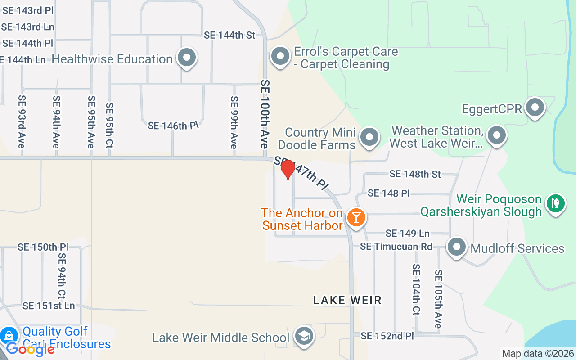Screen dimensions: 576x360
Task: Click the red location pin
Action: [288, 169]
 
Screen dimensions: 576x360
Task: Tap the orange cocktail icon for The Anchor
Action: [356, 218]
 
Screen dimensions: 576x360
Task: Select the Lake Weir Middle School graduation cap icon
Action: [304, 336]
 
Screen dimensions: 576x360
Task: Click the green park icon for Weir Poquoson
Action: [555, 203]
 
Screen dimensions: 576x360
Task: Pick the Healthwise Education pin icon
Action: [186, 58]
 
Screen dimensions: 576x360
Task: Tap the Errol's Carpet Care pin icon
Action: [280, 57]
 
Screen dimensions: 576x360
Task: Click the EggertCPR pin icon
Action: [535, 108]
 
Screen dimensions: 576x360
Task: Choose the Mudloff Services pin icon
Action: [457, 247]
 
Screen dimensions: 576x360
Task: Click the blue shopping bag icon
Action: [9, 336]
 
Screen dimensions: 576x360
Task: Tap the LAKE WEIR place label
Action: [347, 300]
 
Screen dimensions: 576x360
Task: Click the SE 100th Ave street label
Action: [265, 114]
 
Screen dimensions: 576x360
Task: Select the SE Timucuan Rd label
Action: [396, 247]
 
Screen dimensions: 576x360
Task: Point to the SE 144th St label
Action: [229, 35]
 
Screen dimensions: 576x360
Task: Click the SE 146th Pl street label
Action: [173, 126]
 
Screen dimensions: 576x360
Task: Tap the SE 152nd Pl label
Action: [387, 336]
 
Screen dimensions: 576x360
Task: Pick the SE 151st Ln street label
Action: [49, 306]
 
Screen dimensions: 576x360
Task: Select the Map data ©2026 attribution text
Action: [538, 354]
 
